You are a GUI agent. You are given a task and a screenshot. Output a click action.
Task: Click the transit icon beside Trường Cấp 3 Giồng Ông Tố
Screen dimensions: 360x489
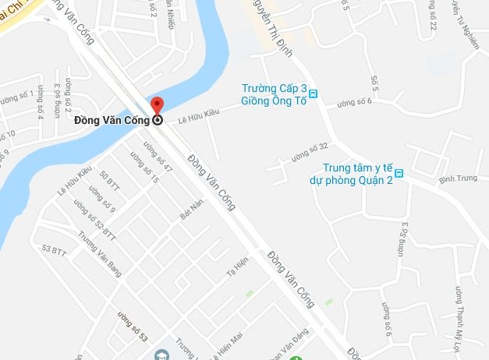coord(314,94)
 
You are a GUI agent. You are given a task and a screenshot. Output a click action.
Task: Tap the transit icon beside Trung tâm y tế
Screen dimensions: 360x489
coord(399,173)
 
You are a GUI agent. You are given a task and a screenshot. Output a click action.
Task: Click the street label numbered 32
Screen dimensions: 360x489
coord(309,151)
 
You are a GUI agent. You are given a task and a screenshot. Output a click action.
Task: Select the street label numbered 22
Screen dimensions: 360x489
coord(431,17)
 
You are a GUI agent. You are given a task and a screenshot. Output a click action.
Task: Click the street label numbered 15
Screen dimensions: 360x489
coord(144,168)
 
